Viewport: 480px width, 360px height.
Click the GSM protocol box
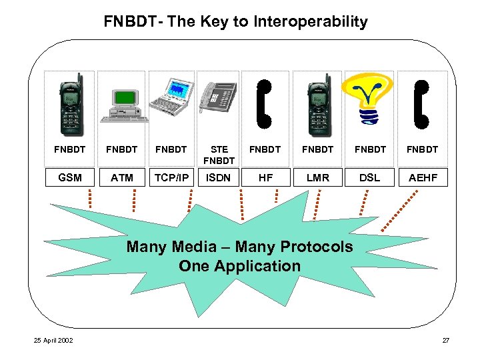(x=69, y=177)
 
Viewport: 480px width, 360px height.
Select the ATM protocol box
(x=122, y=177)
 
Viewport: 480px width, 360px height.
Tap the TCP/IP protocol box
(x=171, y=177)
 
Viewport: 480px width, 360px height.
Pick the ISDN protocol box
(x=219, y=177)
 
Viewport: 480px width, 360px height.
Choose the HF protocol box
(x=265, y=177)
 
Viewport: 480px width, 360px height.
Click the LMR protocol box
(x=317, y=177)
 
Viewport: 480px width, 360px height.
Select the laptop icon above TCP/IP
(x=171, y=97)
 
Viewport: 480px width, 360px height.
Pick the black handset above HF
(x=265, y=103)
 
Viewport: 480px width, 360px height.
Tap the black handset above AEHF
(x=421, y=103)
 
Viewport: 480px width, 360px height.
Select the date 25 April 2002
(x=55, y=341)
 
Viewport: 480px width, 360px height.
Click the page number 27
(x=445, y=341)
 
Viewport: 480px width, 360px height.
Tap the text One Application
(x=239, y=266)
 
